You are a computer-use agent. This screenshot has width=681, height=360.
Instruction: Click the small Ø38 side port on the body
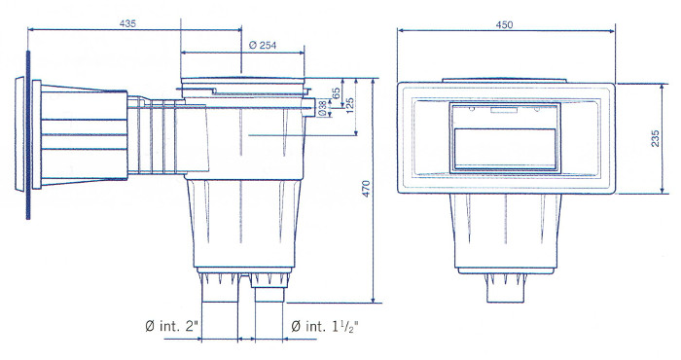(x=309, y=102)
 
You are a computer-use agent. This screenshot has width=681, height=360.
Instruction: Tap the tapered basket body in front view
(x=506, y=229)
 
